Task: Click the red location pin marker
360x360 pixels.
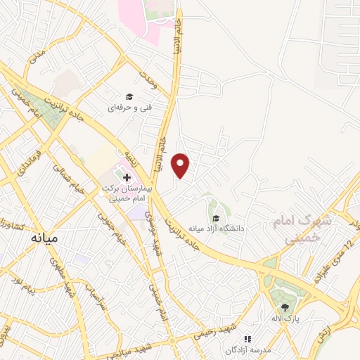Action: pos(182,165)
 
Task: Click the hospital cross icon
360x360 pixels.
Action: pos(126,176)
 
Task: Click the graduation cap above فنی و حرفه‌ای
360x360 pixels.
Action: pos(129,96)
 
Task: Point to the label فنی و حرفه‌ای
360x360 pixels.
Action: pos(127,108)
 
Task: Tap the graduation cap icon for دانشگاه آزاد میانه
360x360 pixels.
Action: pos(216,218)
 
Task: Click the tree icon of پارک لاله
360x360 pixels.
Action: pos(285,307)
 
